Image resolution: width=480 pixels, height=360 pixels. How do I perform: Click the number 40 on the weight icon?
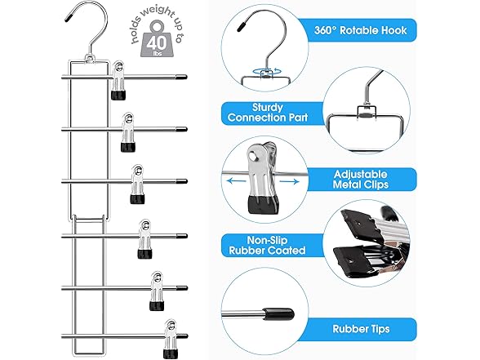click(157, 43)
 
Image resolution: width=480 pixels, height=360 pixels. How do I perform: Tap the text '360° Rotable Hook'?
click(360, 30)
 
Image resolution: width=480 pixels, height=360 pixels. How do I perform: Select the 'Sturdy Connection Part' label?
click(268, 113)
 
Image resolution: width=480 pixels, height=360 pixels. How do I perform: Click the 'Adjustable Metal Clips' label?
click(360, 180)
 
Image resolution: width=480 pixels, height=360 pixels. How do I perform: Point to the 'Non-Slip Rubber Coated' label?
click(267, 245)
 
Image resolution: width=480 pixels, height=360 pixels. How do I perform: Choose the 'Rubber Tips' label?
click(361, 329)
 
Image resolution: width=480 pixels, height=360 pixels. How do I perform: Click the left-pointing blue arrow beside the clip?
click(237, 181)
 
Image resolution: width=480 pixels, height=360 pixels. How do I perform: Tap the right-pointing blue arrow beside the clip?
click(289, 182)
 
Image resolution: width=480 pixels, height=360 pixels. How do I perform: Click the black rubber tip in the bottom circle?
click(279, 314)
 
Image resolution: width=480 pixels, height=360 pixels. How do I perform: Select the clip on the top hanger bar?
click(118, 81)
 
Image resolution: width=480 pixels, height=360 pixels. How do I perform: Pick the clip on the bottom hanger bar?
click(170, 339)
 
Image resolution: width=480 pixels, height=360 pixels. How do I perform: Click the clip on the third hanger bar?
click(137, 184)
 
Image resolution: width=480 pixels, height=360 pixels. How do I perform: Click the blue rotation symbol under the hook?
click(266, 71)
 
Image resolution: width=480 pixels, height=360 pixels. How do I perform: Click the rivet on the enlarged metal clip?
click(252, 157)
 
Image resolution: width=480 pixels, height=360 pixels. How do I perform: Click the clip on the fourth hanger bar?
click(144, 238)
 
